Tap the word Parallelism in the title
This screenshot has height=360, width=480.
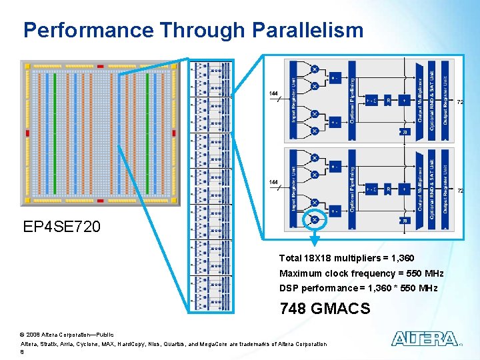[x=308, y=30]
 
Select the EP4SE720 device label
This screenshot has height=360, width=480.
[x=62, y=227]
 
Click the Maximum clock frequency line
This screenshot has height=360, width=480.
[x=361, y=273]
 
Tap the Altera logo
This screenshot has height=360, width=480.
[x=424, y=339]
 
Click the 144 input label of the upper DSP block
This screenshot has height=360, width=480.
[x=273, y=93]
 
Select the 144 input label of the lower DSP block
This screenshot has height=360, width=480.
[x=273, y=182]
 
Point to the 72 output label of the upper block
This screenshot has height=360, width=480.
[x=460, y=102]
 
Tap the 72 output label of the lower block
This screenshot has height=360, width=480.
[x=460, y=191]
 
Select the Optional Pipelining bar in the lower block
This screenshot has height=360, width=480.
[x=353, y=189]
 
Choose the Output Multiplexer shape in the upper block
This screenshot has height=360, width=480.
[x=420, y=100]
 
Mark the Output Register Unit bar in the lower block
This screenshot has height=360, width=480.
[x=445, y=189]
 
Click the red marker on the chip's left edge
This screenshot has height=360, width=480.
[x=27, y=133]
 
